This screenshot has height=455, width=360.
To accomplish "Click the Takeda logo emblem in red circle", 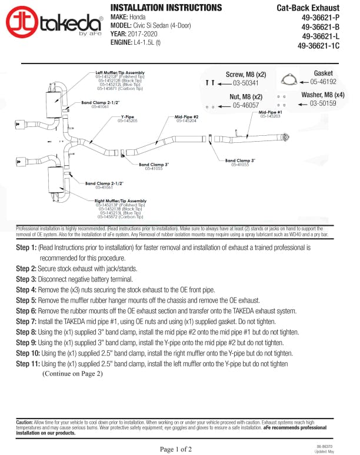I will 22,22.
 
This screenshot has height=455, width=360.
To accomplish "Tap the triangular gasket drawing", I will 288,82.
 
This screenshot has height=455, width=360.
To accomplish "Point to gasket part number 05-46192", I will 323,82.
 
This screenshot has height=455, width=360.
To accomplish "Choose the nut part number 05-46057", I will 246,105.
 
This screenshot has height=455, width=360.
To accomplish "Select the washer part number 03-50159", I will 323,103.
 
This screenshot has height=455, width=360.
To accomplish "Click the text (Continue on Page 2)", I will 72,373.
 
